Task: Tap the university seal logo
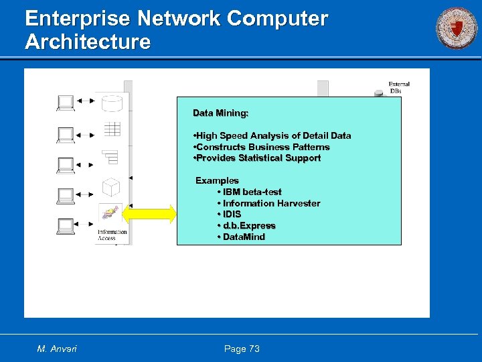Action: click(457, 28)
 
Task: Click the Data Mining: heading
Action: click(220, 113)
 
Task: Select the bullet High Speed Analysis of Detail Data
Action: click(272, 135)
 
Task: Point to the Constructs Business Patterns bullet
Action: click(261, 147)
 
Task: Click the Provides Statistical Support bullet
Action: click(256, 158)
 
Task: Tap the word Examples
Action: click(217, 180)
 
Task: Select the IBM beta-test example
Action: click(249, 192)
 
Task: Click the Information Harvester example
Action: click(268, 203)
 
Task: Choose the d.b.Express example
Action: click(246, 225)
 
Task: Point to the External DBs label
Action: click(398, 87)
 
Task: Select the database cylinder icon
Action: click(111, 103)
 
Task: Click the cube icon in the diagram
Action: click(110, 186)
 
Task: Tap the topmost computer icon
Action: click(66, 102)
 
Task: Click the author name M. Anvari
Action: click(57, 349)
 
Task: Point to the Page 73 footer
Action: click(242, 349)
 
